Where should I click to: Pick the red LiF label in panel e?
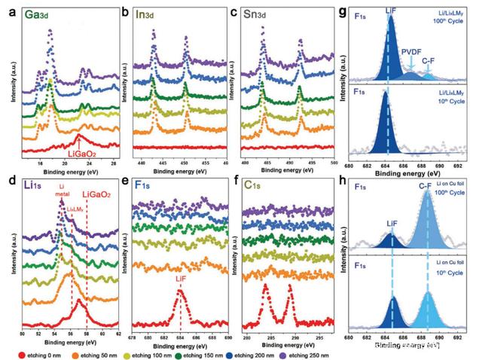pyautogui.click(x=180, y=279)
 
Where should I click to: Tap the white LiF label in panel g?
pyautogui.click(x=391, y=8)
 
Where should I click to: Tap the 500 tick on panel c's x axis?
pyautogui.click(x=334, y=163)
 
